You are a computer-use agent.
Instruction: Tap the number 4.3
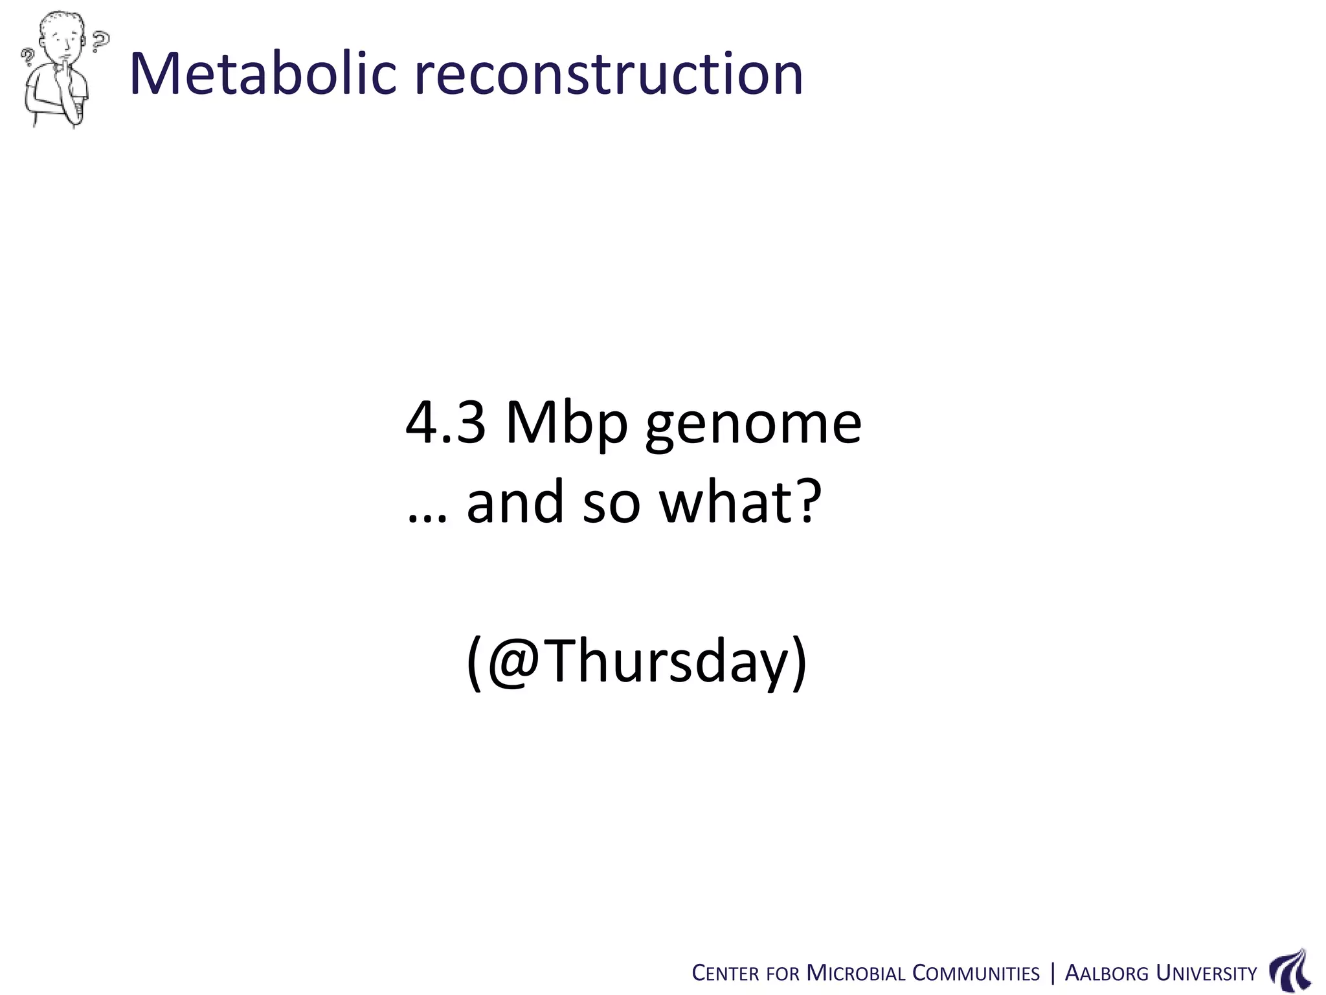445,424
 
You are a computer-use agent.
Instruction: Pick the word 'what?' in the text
740,503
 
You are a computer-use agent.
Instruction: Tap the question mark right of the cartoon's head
100,41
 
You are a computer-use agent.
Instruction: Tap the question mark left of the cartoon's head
28,58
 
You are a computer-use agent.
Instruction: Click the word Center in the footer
725,974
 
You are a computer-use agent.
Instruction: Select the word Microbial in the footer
855,974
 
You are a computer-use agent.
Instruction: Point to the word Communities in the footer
976,974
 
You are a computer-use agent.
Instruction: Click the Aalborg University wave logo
1290,970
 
